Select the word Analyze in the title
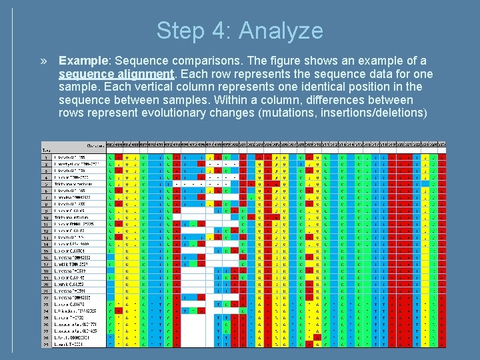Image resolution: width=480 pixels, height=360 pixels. coord(281,31)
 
